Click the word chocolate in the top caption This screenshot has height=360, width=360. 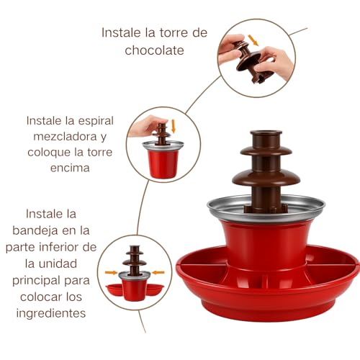(155, 50)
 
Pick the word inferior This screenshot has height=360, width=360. (84, 247)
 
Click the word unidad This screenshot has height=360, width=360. (85, 264)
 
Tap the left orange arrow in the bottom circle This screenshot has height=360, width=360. (110, 273)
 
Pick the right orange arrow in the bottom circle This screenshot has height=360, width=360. (158, 273)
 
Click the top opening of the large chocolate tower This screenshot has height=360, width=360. (265, 135)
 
